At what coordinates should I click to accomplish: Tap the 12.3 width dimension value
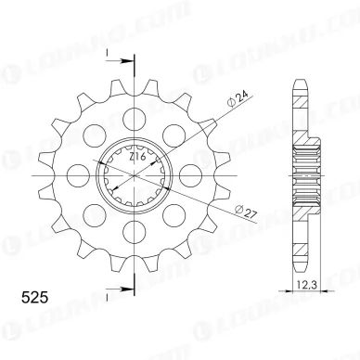tap(305, 322)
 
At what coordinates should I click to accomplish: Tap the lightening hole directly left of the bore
tap(78, 175)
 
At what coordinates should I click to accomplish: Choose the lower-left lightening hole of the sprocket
tap(94, 215)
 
